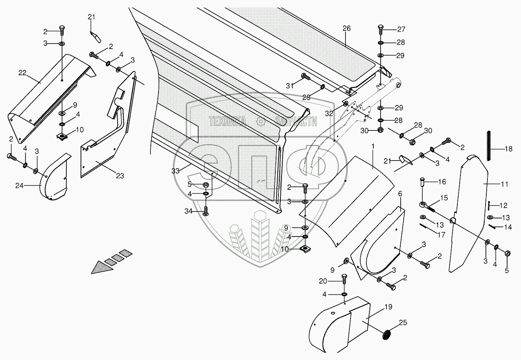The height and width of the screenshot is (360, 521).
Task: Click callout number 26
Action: (x=346, y=28)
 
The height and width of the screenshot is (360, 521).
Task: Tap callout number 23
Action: (x=120, y=176)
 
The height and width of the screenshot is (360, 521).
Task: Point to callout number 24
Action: (x=20, y=186)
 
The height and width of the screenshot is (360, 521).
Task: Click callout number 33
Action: (x=176, y=171)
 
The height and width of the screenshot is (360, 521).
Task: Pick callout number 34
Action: (x=188, y=211)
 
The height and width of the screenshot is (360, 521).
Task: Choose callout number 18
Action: (x=509, y=149)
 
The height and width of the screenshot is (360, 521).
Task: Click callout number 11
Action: (x=505, y=184)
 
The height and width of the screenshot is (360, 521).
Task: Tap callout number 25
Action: (x=403, y=322)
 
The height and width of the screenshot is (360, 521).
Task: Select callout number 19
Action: (x=388, y=307)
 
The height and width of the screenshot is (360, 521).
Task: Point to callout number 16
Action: (x=442, y=181)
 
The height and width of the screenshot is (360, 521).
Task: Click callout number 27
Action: (x=401, y=29)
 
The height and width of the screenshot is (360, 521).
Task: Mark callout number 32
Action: (x=329, y=113)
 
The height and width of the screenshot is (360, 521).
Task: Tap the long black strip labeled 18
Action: (x=489, y=147)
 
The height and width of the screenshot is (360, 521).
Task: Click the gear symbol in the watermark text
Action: (x=261, y=122)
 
